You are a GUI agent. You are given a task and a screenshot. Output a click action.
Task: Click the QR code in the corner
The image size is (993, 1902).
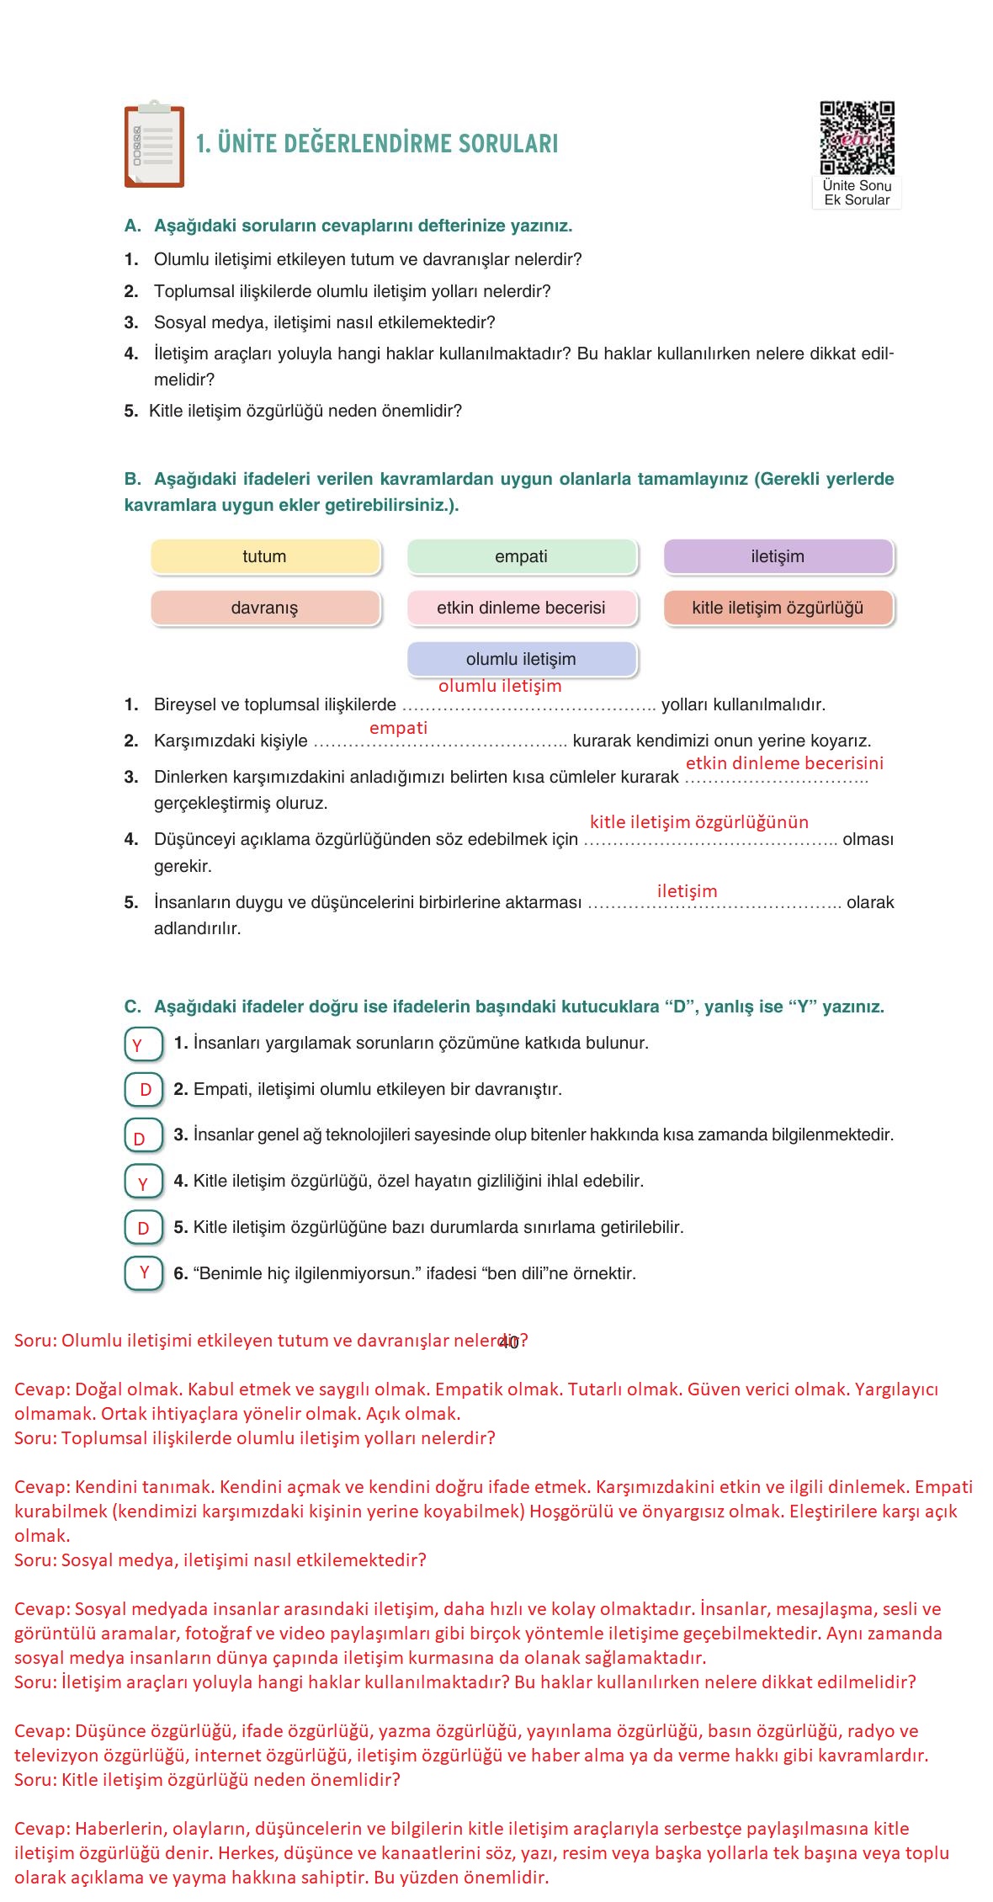pyautogui.click(x=857, y=138)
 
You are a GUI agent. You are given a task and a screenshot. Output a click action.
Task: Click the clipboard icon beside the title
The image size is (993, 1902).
pyautogui.click(x=154, y=146)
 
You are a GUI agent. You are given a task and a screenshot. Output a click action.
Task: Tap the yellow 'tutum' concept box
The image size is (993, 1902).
pyautogui.click(x=265, y=557)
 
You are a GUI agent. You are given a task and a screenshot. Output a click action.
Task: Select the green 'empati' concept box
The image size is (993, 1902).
pyautogui.click(x=522, y=557)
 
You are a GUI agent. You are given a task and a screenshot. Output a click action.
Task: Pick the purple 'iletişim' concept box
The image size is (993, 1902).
pyautogui.click(x=778, y=557)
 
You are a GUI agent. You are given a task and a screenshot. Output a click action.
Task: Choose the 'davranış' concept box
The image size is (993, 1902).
pyautogui.click(x=265, y=608)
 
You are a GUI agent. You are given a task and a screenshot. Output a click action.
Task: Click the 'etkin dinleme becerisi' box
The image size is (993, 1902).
pyautogui.click(x=522, y=608)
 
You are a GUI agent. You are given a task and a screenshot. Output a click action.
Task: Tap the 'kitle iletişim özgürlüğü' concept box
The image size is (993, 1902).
pyautogui.click(x=778, y=608)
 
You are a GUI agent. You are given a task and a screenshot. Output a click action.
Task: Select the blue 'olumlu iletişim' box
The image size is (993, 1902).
pyautogui.click(x=522, y=660)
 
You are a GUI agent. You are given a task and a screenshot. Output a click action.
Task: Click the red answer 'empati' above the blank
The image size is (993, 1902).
pyautogui.click(x=398, y=728)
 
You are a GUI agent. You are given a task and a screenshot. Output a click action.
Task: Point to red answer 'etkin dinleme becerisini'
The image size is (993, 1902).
pyautogui.click(x=784, y=763)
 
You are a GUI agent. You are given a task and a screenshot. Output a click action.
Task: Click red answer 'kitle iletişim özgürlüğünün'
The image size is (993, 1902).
pyautogui.click(x=698, y=822)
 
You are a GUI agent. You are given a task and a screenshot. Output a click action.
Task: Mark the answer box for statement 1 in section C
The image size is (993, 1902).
pyautogui.click(x=142, y=1044)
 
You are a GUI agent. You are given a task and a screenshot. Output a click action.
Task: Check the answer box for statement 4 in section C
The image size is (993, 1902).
pyautogui.click(x=142, y=1182)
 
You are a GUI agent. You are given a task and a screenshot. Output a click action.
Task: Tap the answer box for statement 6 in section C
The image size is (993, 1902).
pyautogui.click(x=142, y=1273)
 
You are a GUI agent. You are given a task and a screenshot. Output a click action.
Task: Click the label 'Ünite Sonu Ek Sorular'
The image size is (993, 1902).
pyautogui.click(x=857, y=193)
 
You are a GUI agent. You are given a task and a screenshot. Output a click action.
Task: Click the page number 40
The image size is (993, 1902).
pyautogui.click(x=508, y=1343)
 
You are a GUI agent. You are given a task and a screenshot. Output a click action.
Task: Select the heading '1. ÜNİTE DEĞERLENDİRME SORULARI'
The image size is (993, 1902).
pyautogui.click(x=377, y=144)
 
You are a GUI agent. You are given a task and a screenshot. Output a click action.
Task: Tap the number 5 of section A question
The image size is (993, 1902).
pyautogui.click(x=130, y=412)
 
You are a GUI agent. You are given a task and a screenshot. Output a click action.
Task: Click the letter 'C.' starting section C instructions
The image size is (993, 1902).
pyautogui.click(x=132, y=1007)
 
